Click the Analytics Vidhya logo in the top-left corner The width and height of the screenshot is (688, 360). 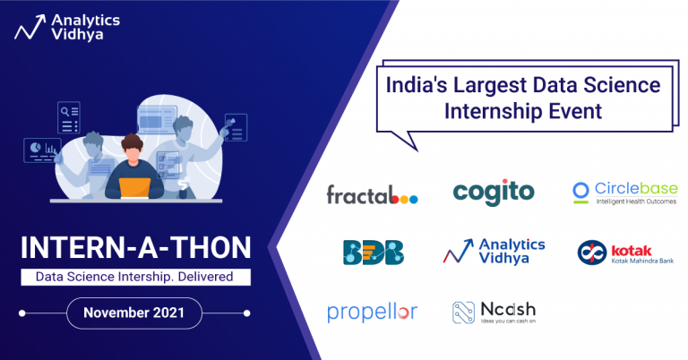(61, 24)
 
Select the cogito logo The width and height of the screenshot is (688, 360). (494, 192)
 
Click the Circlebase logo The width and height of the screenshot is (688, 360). (624, 193)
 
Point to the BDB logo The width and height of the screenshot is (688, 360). (373, 253)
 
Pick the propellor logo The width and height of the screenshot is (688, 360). (372, 313)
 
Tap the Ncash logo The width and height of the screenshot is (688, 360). (494, 312)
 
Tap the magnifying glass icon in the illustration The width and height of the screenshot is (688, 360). (64, 112)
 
